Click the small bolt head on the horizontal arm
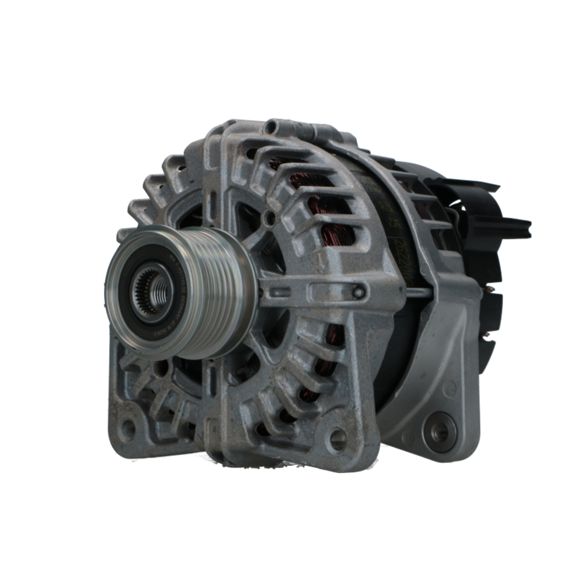pyautogui.click(x=359, y=292)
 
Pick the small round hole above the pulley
pyautogui.click(x=269, y=219)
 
